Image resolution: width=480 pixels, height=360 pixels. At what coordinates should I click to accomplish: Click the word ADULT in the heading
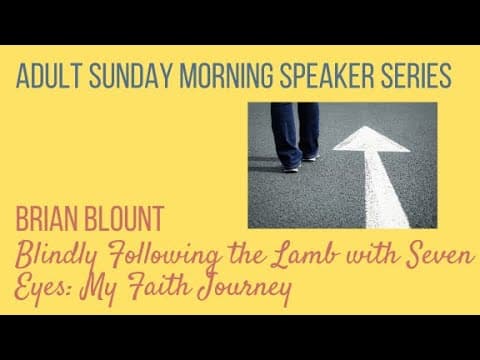coord(49,75)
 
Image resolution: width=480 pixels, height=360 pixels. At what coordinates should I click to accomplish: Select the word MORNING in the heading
coord(226,75)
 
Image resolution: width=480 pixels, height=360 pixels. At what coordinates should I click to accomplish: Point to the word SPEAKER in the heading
coord(327,75)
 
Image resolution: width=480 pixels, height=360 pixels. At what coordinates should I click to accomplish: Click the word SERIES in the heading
coord(416,75)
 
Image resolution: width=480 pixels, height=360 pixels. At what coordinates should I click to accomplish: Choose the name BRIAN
coord(47,218)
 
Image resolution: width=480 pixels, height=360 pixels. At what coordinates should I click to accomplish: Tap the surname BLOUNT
coord(124,218)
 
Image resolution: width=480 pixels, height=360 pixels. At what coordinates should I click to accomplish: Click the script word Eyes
coord(43,287)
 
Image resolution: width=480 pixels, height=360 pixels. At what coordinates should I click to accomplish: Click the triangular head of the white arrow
coord(371,139)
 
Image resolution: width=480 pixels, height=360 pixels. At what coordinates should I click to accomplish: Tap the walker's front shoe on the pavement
coord(291,168)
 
